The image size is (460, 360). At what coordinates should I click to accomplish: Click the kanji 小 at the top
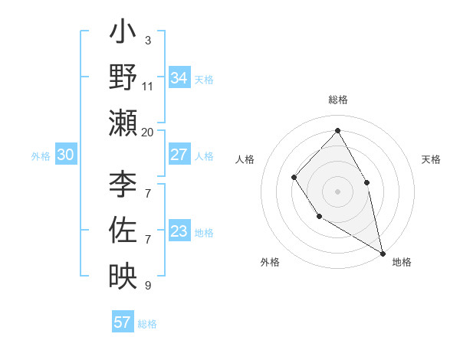pyautogui.click(x=123, y=34)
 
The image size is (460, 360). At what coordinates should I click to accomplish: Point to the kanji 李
pyautogui.click(x=123, y=185)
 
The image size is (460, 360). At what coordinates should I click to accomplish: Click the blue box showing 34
pyautogui.click(x=179, y=77)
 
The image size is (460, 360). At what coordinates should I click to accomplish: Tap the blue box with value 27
pyautogui.click(x=179, y=154)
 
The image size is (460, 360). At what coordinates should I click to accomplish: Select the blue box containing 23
pyautogui.click(x=179, y=231)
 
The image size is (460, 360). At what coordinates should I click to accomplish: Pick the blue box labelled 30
pyautogui.click(x=65, y=155)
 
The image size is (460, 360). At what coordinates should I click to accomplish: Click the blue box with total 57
pyautogui.click(x=123, y=322)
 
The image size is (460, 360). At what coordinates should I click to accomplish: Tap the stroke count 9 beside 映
pyautogui.click(x=147, y=286)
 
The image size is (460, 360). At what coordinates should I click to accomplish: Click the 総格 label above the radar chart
pyautogui.click(x=337, y=100)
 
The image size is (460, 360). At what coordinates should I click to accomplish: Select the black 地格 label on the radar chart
pyautogui.click(x=402, y=262)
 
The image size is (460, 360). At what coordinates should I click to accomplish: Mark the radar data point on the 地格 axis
pyautogui.click(x=383, y=252)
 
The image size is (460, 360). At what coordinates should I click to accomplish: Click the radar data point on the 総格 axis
pyautogui.click(x=337, y=130)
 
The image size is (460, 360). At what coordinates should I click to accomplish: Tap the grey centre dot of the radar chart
pyautogui.click(x=337, y=191)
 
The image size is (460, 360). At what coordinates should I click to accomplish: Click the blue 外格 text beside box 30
pyautogui.click(x=41, y=155)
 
